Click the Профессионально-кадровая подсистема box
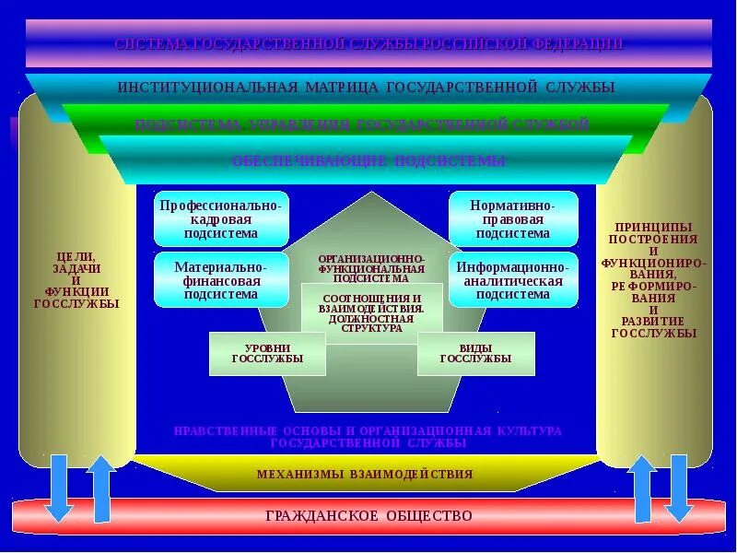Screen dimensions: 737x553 click(221, 218)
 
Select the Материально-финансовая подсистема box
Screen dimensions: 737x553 click(221, 280)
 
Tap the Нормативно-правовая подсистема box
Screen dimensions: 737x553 click(513, 218)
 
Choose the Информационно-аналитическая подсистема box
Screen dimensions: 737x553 click(513, 280)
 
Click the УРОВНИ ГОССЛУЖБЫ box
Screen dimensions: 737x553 click(267, 354)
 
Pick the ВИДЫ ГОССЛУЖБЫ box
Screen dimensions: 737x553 click(475, 354)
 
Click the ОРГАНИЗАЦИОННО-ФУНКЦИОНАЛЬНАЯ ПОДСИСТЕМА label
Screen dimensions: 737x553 click(371, 268)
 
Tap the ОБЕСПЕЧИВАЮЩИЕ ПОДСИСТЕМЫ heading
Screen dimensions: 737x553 click(368, 160)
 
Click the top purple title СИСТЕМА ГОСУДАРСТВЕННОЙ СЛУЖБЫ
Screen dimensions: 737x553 click(368, 43)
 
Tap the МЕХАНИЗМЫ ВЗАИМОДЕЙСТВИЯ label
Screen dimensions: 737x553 click(365, 475)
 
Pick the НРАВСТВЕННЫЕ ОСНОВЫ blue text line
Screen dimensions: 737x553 click(368, 436)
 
